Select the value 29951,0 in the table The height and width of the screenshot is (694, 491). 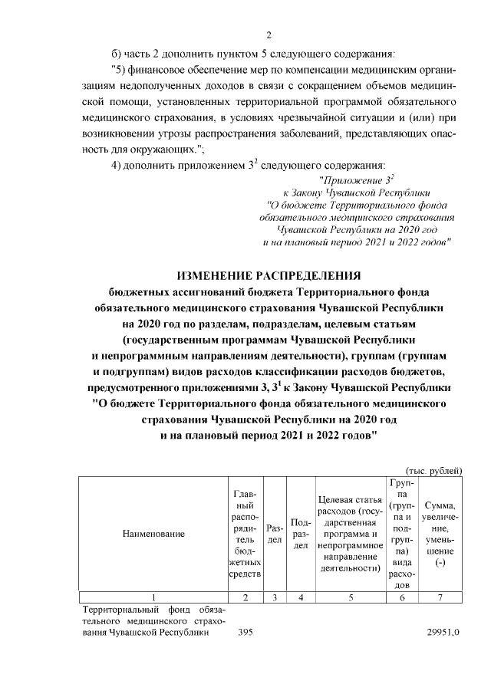pos(445,633)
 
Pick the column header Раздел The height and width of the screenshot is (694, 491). pos(274,533)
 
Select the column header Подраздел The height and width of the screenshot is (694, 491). pos(302,533)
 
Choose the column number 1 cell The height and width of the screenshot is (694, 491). pos(155,597)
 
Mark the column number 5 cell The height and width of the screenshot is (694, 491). pos(350,597)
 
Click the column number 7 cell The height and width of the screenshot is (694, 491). pos(440,597)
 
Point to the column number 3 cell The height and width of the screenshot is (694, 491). pos(274,597)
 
